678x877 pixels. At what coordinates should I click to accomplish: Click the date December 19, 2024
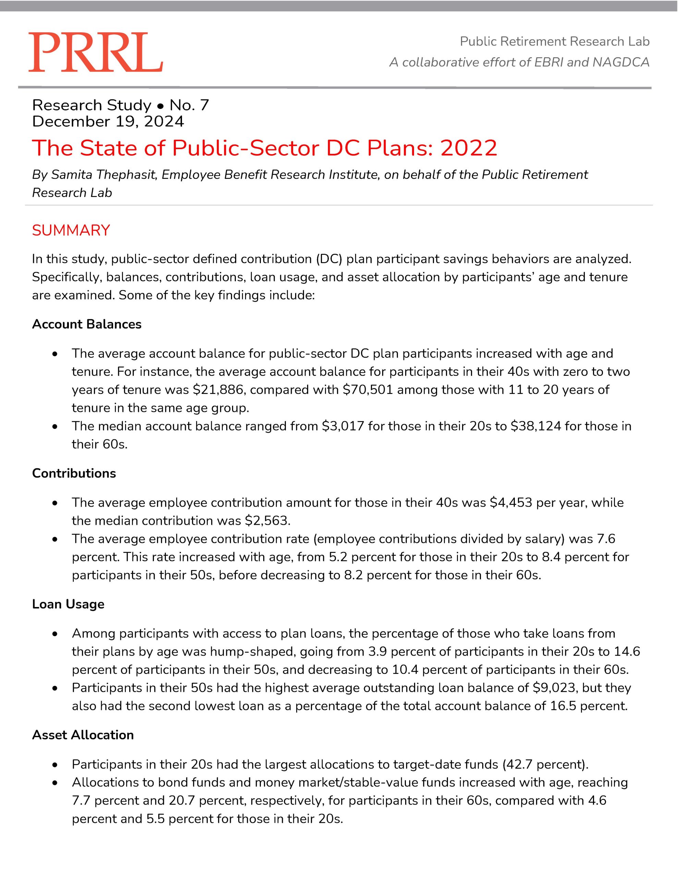108,121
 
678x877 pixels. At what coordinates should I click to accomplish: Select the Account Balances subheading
86,324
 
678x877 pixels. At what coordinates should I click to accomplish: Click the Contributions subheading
74,473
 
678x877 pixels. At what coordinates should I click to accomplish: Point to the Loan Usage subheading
68,604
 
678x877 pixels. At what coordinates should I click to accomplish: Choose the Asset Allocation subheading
83,735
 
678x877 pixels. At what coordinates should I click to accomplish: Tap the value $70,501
367,390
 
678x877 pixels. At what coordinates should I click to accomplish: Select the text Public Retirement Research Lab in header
554,41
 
